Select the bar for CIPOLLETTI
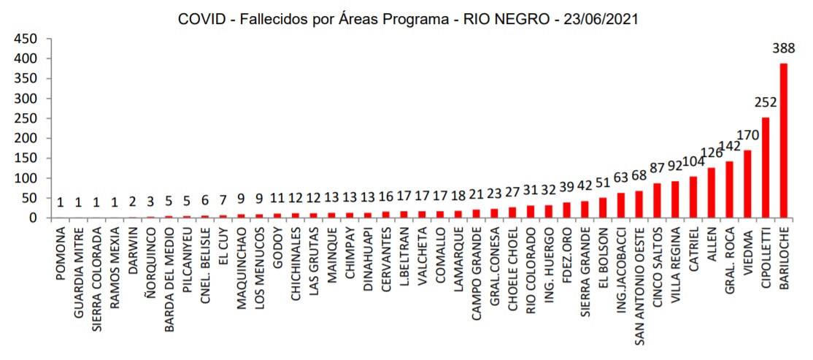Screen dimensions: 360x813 point(766,168)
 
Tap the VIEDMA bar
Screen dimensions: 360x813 point(747,184)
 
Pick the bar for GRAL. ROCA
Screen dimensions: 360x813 point(729,190)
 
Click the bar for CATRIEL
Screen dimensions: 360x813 point(693,197)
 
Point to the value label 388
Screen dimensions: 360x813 point(784,50)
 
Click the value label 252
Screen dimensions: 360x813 point(766,104)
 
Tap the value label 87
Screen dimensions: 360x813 point(658,169)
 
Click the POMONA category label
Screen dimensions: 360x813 point(61,252)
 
